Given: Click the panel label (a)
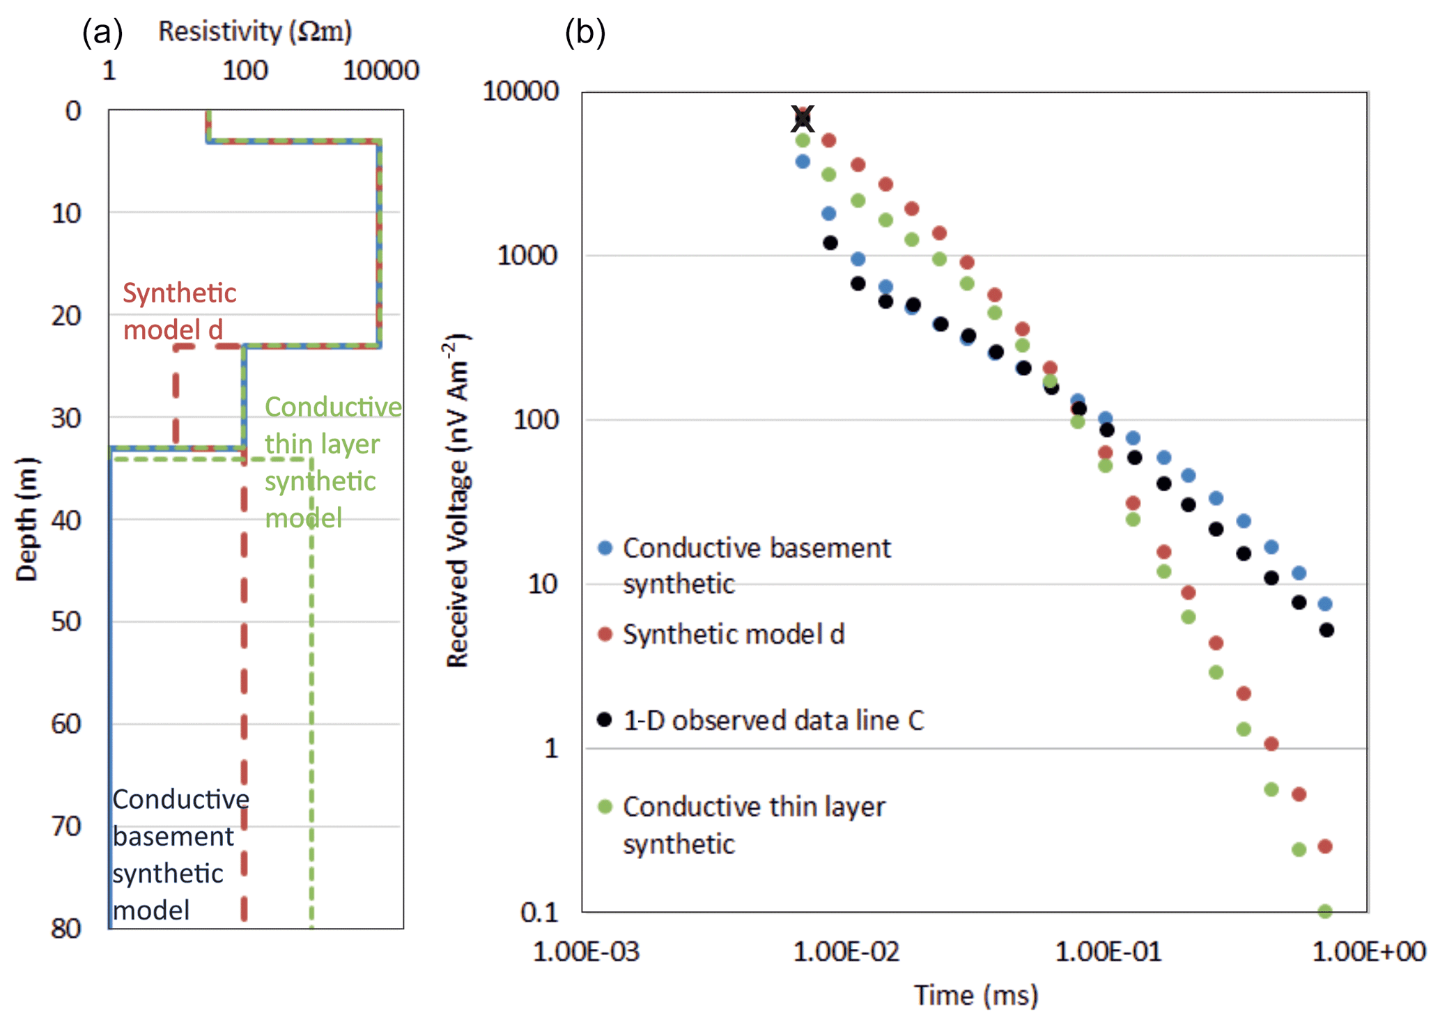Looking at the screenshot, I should tap(102, 32).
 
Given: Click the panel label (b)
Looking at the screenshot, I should tap(584, 32).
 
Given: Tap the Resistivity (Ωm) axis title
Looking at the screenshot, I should tap(255, 31).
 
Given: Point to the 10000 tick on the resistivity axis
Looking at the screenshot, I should tap(380, 70).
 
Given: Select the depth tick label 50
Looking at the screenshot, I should tap(66, 621).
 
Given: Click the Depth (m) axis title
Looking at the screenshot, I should tap(26, 519).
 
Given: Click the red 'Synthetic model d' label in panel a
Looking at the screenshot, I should tap(179, 311).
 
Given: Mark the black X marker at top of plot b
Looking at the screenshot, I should tap(803, 118).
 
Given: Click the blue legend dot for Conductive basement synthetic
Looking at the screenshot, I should tap(605, 548).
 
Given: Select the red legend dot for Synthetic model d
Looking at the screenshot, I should tap(605, 634).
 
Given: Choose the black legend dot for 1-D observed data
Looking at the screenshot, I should tap(605, 720).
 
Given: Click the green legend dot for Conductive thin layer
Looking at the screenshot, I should tap(605, 807).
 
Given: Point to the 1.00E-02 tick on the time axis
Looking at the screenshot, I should tap(846, 952).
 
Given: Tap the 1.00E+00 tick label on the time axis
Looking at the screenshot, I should tap(1369, 952).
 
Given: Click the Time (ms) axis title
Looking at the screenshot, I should tap(976, 996).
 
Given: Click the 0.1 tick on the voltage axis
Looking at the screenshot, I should tap(540, 912).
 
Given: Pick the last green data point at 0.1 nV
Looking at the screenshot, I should tap(1325, 911).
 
